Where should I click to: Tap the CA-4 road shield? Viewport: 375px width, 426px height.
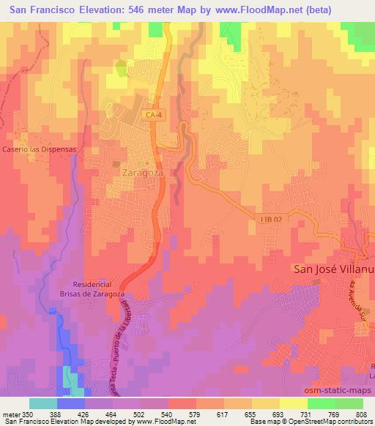152,115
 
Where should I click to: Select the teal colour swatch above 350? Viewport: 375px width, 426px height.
42,403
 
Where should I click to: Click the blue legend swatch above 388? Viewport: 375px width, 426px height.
70,403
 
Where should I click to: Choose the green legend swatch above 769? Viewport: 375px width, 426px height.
322,403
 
